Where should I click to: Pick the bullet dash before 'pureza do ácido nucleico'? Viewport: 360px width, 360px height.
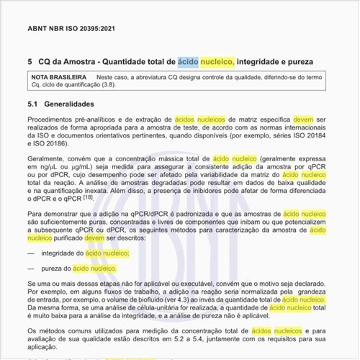[x=31, y=268]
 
